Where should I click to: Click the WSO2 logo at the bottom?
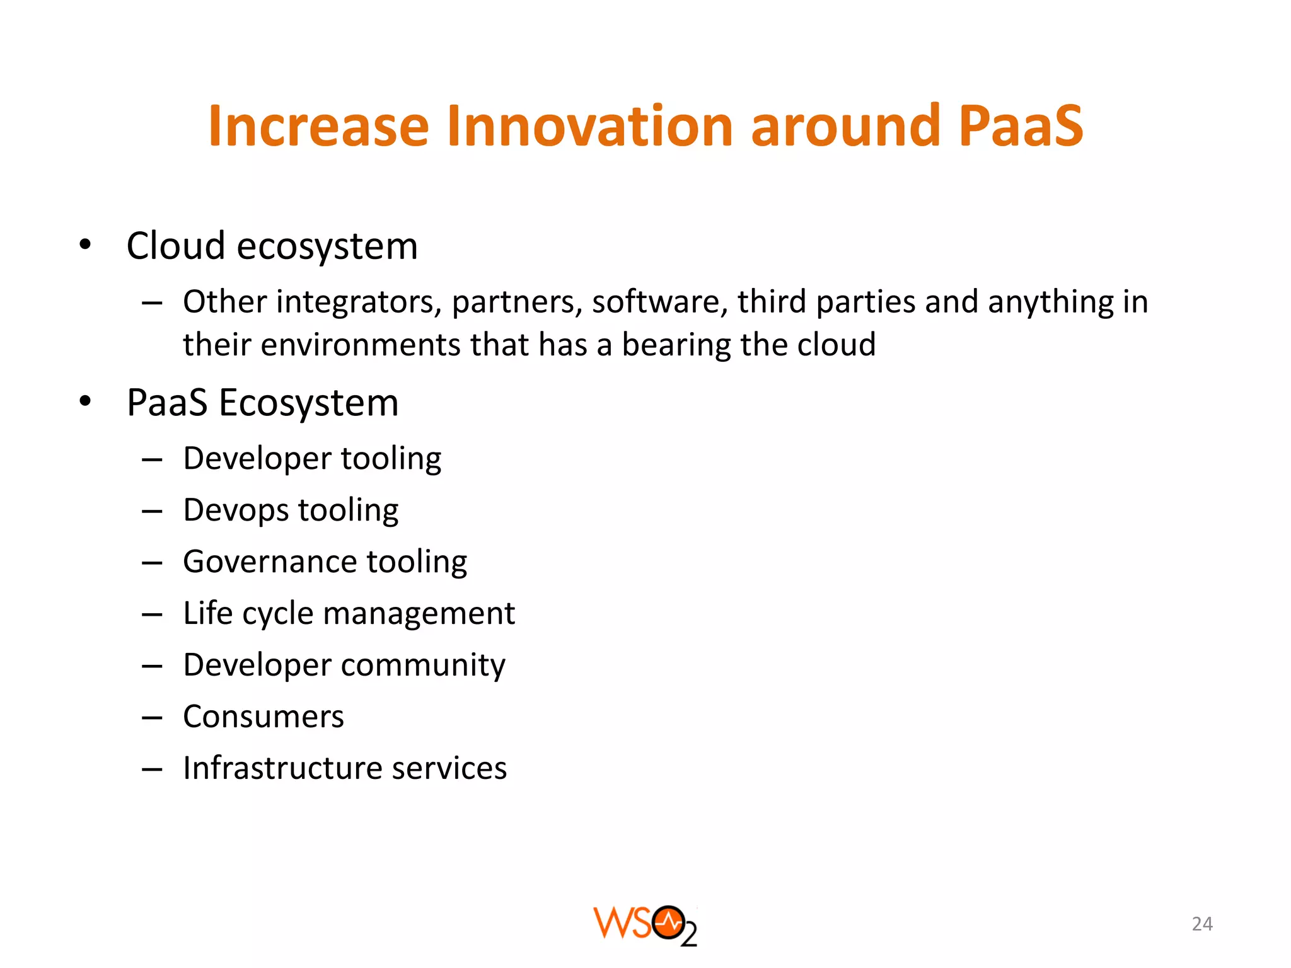click(x=645, y=925)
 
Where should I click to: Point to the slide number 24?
click(x=1201, y=924)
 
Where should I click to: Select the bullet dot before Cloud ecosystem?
click(x=86, y=245)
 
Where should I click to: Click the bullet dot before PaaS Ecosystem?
click(x=86, y=401)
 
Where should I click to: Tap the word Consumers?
click(x=263, y=717)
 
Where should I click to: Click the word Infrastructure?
click(x=282, y=768)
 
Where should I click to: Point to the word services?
click(x=449, y=768)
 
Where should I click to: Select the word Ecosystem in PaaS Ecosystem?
click(x=308, y=403)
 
